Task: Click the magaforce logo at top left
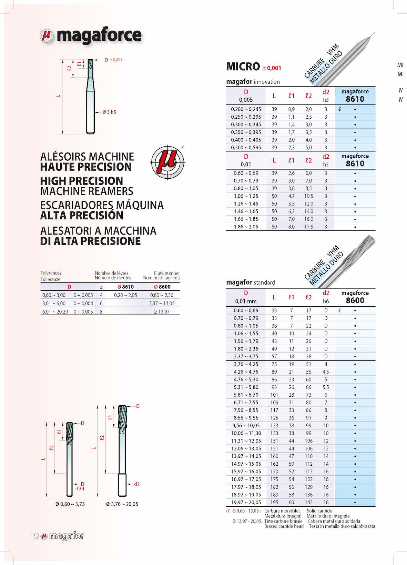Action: tap(91, 36)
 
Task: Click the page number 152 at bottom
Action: tap(35, 536)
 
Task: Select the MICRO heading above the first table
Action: tap(243, 66)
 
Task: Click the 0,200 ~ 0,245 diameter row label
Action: tap(246, 109)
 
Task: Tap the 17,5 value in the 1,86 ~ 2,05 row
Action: tap(308, 227)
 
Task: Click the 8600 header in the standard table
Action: tap(355, 300)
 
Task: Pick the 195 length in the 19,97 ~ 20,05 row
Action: tap(274, 503)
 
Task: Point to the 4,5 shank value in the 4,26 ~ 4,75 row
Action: tap(326, 372)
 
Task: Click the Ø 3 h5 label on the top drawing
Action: tap(109, 112)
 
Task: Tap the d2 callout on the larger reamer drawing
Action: tap(137, 484)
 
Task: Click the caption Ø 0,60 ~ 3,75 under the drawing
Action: tap(70, 504)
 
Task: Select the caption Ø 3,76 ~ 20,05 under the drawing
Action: tap(122, 504)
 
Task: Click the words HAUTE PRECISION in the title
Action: tap(86, 167)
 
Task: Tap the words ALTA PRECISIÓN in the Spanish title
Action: tap(82, 216)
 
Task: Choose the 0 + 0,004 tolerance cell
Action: tap(83, 304)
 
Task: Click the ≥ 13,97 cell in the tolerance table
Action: tap(162, 312)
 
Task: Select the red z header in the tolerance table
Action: tap(101, 287)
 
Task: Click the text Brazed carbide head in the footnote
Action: tap(284, 526)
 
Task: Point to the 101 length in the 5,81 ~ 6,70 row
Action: tap(274, 395)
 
